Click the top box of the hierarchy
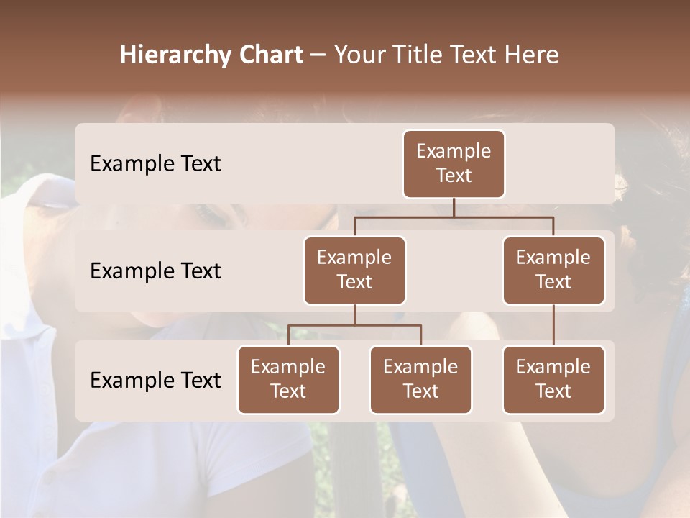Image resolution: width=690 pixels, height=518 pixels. click(454, 163)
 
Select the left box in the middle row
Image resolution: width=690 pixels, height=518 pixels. click(354, 270)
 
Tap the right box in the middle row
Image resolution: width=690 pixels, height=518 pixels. click(553, 270)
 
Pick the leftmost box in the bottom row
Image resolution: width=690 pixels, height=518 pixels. click(288, 379)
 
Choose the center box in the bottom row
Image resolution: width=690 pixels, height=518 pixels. click(420, 379)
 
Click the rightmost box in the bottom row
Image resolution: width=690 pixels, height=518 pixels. click(553, 379)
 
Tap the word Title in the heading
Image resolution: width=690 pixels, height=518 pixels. click(416, 55)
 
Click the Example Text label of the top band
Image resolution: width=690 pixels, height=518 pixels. click(155, 164)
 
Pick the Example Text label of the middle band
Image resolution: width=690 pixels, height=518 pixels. click(155, 271)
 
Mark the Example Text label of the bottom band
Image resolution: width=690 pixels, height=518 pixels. click(155, 381)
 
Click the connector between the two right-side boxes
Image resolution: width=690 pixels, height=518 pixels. click(553, 325)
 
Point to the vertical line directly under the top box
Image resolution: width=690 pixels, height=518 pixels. click(454, 207)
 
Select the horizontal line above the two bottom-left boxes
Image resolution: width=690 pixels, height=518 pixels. click(354, 325)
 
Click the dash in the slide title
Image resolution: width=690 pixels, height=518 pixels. click(318, 55)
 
